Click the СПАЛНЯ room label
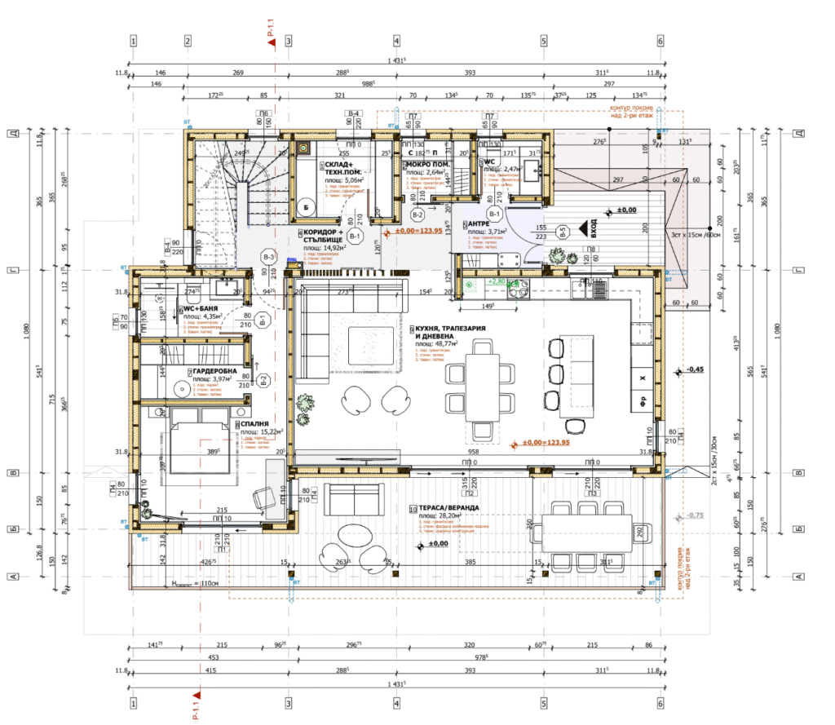pos(257,424)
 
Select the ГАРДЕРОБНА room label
pos(215,371)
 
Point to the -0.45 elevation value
pos(695,369)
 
